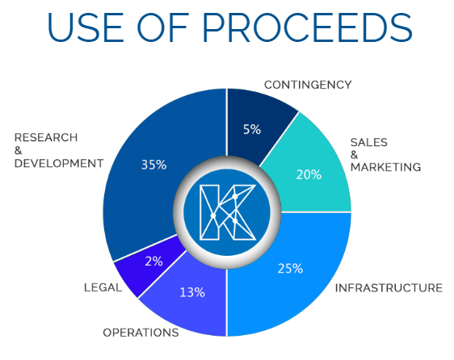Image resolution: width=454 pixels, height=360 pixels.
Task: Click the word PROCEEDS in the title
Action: (307, 28)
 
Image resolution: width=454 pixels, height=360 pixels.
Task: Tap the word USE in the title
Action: (86, 28)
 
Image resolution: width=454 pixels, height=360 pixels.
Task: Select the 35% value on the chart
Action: (153, 165)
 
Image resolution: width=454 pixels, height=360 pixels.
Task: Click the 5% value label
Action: (252, 129)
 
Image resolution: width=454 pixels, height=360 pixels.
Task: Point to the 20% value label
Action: (309, 175)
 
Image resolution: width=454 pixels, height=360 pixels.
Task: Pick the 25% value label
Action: (290, 269)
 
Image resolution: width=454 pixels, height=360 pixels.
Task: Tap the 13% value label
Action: (192, 292)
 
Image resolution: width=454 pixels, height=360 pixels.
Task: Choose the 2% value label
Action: (153, 262)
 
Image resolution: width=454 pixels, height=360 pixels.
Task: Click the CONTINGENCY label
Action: (308, 85)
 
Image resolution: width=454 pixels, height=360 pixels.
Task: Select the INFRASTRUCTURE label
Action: (389, 288)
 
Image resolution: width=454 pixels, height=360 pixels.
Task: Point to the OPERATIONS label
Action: (141, 333)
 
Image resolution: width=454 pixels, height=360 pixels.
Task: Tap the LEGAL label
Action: (103, 287)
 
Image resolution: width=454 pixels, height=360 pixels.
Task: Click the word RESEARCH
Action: (46, 137)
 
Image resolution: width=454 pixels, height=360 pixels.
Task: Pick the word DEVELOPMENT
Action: (59, 164)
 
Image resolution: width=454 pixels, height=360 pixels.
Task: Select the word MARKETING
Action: (385, 167)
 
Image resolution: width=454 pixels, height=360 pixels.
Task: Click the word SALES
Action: (369, 142)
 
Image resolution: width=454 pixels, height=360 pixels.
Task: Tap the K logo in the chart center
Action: (228, 213)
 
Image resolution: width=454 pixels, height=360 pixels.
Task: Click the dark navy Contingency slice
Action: (254, 124)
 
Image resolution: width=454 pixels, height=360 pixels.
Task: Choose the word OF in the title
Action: (162, 28)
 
